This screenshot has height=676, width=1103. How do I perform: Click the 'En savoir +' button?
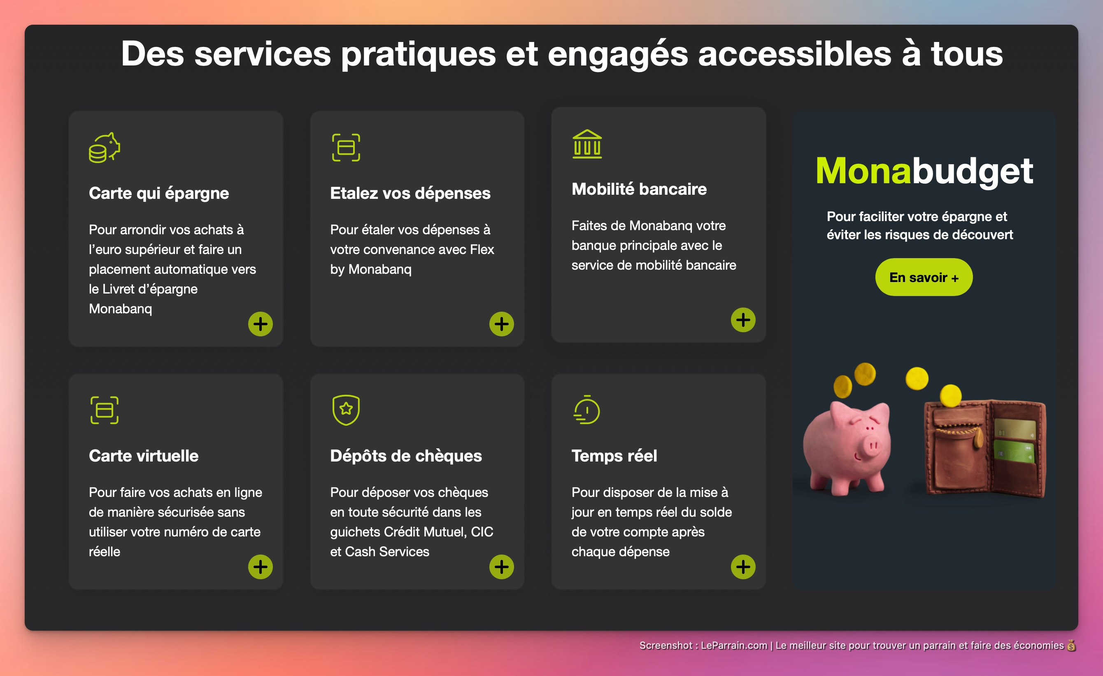[x=924, y=277]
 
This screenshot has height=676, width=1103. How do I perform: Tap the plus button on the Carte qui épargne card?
[x=261, y=324]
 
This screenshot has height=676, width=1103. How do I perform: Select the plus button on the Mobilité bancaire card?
[x=743, y=319]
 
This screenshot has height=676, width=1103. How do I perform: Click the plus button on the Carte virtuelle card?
[x=261, y=567]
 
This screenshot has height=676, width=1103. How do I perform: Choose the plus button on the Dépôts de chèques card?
[x=501, y=567]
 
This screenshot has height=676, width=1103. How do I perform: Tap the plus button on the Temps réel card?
[x=743, y=567]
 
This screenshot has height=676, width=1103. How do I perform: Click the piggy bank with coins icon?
[x=104, y=147]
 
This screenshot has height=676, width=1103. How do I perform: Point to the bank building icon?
[x=587, y=144]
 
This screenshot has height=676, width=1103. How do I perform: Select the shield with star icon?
[x=346, y=410]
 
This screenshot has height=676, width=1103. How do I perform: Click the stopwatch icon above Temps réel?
[x=587, y=410]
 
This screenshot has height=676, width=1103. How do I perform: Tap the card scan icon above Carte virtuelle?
[x=104, y=410]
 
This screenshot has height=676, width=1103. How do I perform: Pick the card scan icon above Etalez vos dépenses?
[x=346, y=147]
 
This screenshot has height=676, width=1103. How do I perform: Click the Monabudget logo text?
[x=924, y=170]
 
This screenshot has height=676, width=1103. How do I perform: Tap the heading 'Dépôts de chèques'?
[x=406, y=456]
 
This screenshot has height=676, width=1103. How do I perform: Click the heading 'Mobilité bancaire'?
[x=639, y=189]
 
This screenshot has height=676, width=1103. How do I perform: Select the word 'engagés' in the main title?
[x=618, y=55]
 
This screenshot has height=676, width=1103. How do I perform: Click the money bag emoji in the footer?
[x=1071, y=645]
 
